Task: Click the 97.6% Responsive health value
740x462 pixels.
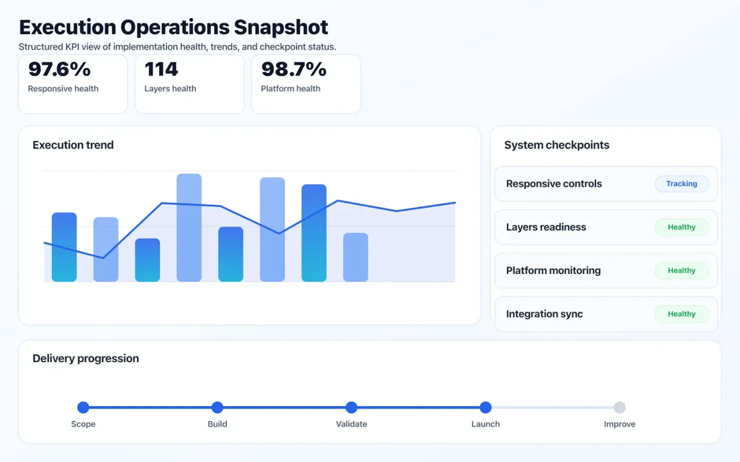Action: coord(59,69)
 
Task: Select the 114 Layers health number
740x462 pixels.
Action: coord(161,69)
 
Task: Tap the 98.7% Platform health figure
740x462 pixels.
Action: coord(293,69)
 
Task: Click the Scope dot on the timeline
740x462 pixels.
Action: coord(83,407)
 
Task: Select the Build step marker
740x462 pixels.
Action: coord(217,407)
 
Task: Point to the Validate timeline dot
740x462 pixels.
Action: coord(351,407)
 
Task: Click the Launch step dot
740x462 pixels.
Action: coord(485,407)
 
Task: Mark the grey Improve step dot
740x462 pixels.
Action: coord(620,407)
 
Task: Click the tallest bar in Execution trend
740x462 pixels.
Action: coord(189,228)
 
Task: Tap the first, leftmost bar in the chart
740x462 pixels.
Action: coord(64,247)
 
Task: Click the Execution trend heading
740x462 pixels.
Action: coord(73,145)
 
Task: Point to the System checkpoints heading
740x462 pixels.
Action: coord(557,145)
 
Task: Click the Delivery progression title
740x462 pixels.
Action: coord(86,358)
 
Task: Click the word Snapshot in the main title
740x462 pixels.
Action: coord(281,28)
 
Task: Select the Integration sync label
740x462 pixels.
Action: coord(544,314)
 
